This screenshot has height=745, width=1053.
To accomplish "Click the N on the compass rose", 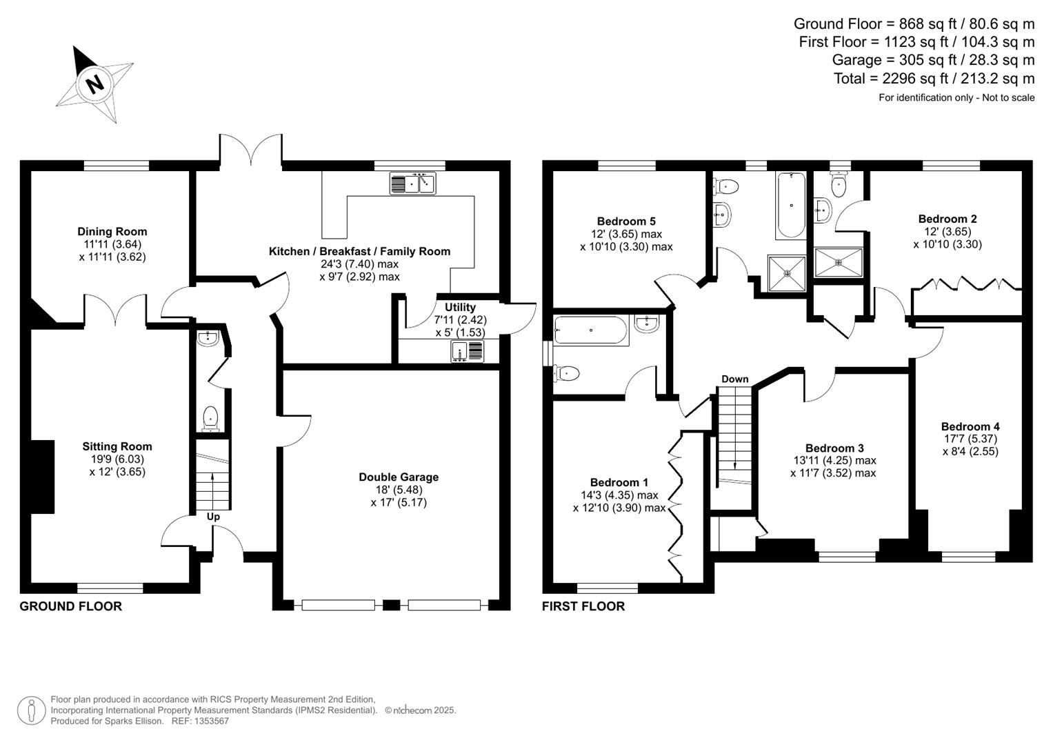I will pyautogui.click(x=94, y=83).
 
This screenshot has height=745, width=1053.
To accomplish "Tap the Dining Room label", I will pyautogui.click(x=112, y=232).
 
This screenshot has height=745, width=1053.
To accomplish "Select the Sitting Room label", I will pyautogui.click(x=117, y=447).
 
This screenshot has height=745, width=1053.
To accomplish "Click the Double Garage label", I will pyautogui.click(x=399, y=477).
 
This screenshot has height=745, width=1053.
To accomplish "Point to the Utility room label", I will pyautogui.click(x=460, y=308).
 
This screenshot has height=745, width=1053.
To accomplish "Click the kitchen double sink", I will pyautogui.click(x=413, y=184).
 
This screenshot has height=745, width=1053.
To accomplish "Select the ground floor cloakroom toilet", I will pyautogui.click(x=210, y=417).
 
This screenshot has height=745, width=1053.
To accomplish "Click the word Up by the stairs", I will pyautogui.click(x=213, y=517).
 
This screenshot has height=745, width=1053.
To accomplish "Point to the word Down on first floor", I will pyautogui.click(x=735, y=379).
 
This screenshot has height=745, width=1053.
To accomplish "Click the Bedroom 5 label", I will pyautogui.click(x=626, y=221).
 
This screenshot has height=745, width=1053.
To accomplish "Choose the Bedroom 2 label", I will pyautogui.click(x=947, y=219).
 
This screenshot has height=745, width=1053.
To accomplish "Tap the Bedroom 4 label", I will pyautogui.click(x=970, y=427).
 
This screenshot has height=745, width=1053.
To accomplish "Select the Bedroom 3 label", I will pyautogui.click(x=834, y=448).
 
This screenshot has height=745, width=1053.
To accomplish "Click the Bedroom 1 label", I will pyautogui.click(x=619, y=483).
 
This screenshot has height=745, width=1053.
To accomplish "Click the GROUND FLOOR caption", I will pyautogui.click(x=70, y=606).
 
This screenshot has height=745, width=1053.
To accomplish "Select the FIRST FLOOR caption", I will pyautogui.click(x=583, y=606).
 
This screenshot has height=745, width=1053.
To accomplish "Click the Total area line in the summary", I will pyautogui.click(x=934, y=79).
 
